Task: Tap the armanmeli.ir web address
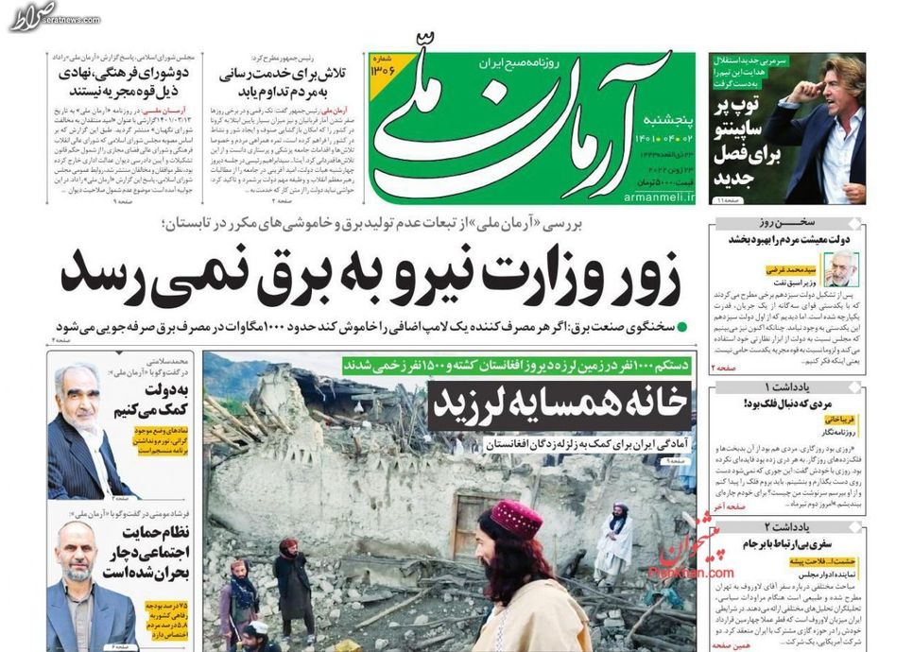point(659,197)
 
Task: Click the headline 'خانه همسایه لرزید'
point(559,405)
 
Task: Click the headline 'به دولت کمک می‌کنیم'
point(163,402)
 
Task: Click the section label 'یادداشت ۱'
point(787,388)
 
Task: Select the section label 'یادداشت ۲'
point(787,526)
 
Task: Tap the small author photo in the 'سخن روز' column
point(839,268)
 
